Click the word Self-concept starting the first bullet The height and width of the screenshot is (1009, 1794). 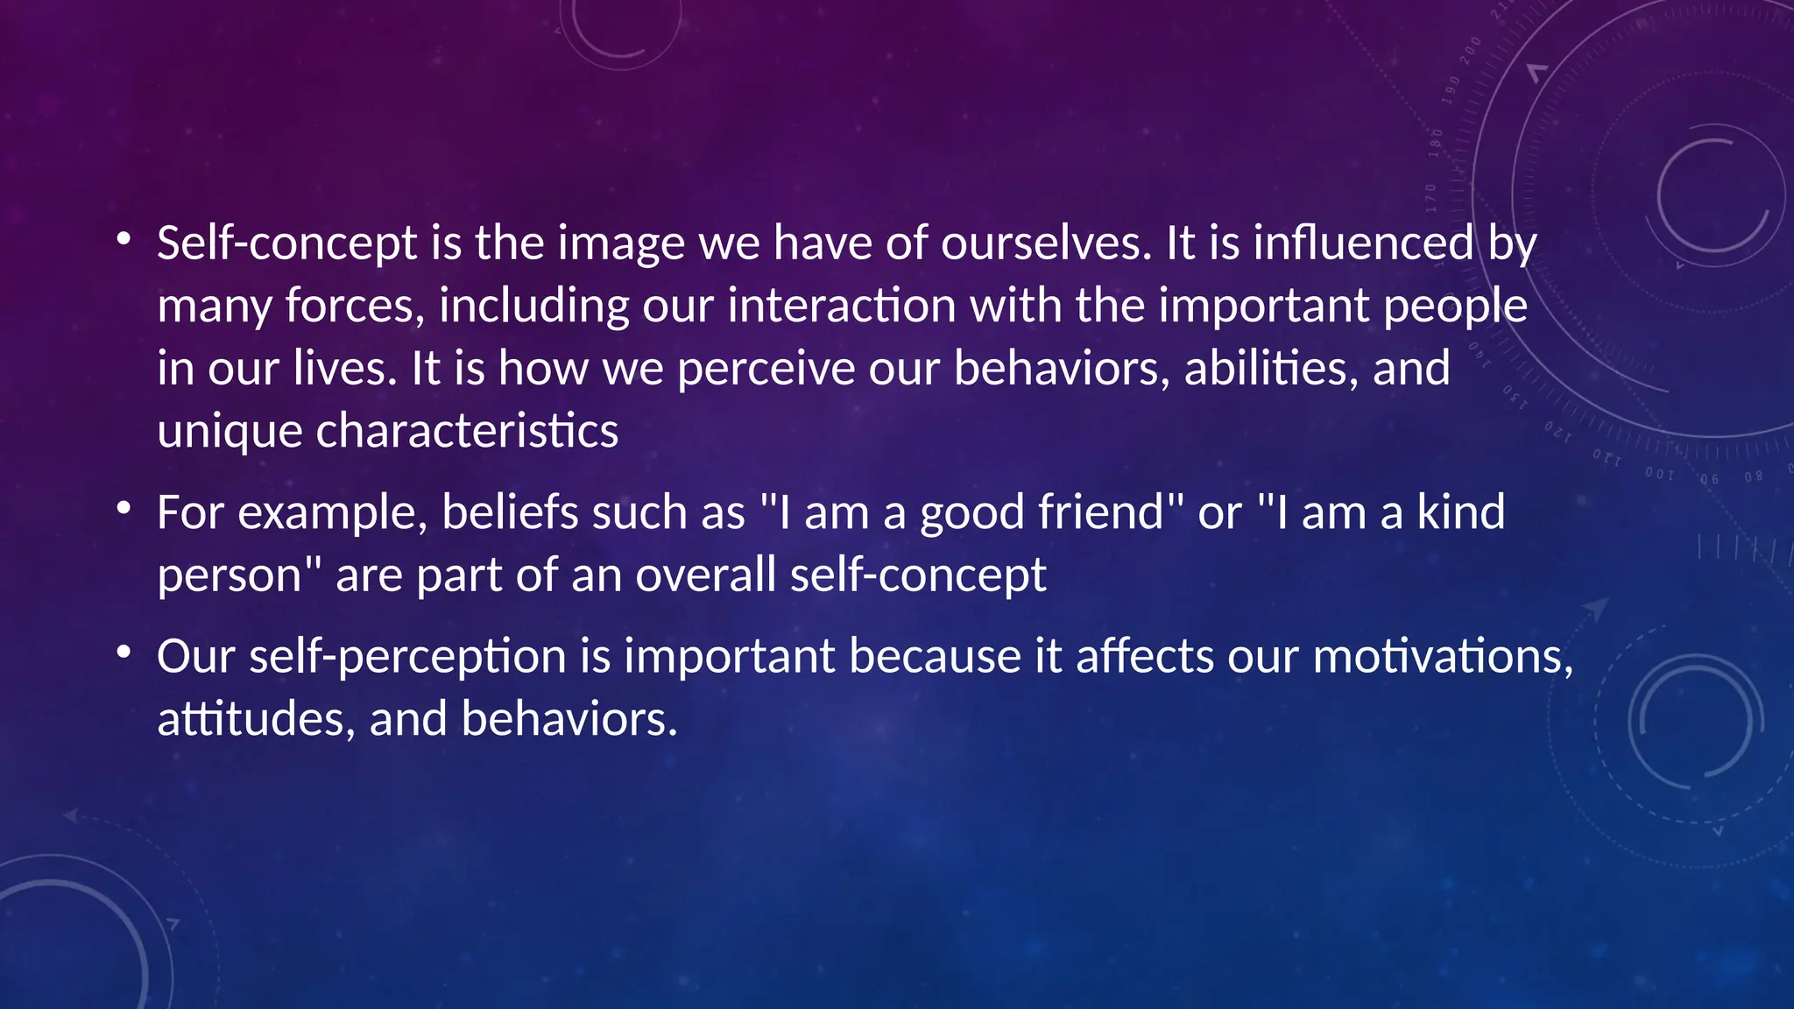click(286, 243)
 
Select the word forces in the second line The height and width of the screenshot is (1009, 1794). click(355, 307)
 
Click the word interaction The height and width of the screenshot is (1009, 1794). click(842, 307)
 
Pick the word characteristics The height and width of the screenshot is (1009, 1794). click(467, 432)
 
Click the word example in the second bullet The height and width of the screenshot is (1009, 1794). click(332, 513)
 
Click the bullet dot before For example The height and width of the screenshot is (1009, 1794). click(124, 508)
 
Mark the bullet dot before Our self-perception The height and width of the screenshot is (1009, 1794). click(124, 652)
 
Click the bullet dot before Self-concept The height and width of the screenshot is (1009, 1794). click(124, 238)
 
